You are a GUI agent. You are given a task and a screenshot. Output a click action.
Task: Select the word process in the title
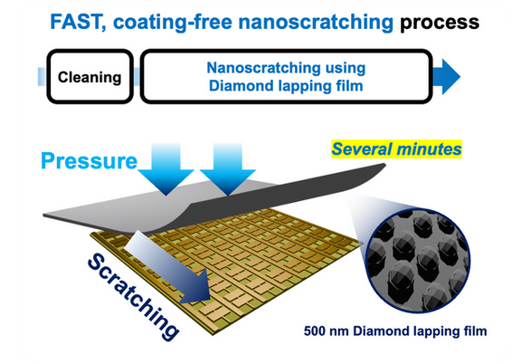(440, 24)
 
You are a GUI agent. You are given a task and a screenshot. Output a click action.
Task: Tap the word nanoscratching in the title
(316, 23)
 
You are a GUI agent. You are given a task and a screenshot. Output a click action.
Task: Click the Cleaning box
(90, 77)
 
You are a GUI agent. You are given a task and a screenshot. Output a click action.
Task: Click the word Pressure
(90, 161)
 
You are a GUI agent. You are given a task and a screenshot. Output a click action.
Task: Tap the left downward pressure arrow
(166, 169)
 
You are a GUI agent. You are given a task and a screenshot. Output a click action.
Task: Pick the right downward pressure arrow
(228, 169)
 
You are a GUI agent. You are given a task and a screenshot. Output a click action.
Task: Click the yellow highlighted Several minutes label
(396, 149)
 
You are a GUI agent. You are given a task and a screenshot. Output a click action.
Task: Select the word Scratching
(133, 297)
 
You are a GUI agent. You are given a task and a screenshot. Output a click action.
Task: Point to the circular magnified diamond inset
(418, 261)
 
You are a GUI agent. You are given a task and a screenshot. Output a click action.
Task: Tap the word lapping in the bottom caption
(437, 331)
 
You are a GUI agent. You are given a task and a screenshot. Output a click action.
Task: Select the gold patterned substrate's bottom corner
(213, 335)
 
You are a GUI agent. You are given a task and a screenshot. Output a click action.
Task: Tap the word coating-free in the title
(173, 23)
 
